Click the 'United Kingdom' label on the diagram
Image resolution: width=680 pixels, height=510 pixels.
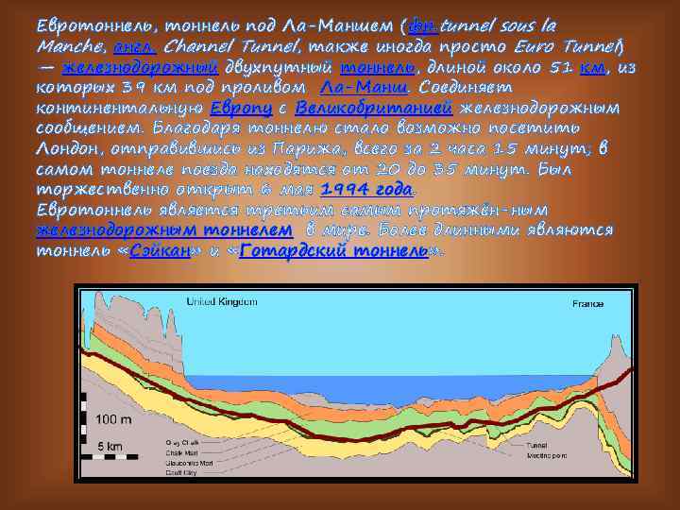[221, 302]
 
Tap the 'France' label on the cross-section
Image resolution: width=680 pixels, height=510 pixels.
[587, 303]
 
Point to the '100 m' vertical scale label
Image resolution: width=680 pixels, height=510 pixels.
[114, 418]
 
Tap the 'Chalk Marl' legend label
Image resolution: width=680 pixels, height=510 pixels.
[151, 450]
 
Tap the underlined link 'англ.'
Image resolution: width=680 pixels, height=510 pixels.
[133, 47]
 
